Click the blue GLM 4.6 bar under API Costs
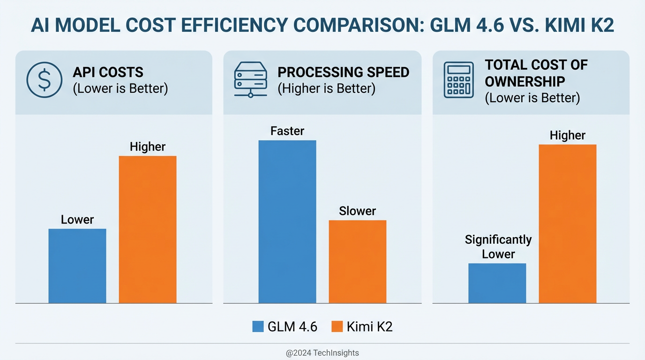coord(77,266)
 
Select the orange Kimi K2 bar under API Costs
coord(148,229)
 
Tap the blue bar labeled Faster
coord(287,221)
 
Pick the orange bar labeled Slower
coord(358,261)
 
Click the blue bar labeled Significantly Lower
coord(497,283)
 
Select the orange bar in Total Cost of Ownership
coord(568,224)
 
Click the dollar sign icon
coord(44,80)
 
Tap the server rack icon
coord(250,81)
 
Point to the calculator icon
coord(458,81)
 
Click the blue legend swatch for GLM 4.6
coord(258,327)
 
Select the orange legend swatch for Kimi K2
coord(337,327)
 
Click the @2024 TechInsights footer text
coord(322,353)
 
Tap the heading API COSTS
coord(108,72)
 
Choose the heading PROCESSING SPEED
coord(343,72)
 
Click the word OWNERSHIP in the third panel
coord(525,82)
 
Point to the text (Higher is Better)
coord(326,89)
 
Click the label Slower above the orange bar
coord(357,211)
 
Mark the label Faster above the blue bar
coord(287,131)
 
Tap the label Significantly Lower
coord(498,247)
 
